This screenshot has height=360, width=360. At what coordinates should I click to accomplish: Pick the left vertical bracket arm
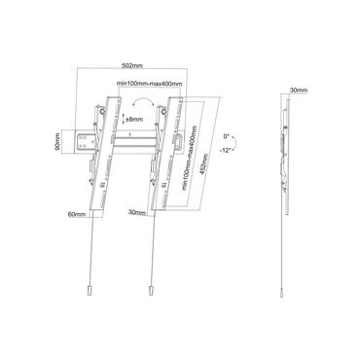point(97,156)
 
